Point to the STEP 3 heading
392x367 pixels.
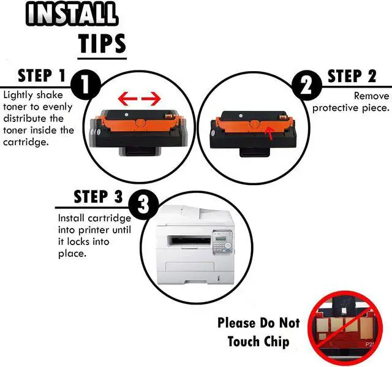click(x=98, y=197)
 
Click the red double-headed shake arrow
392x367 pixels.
click(x=139, y=98)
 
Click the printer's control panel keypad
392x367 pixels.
click(x=222, y=242)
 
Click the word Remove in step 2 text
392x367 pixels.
click(x=371, y=96)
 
